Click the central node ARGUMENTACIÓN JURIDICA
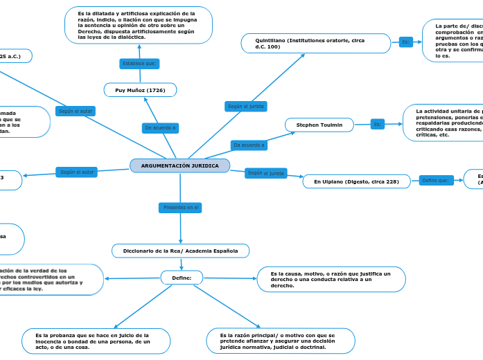pos(179,165)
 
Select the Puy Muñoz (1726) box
pos(140,90)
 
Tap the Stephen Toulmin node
pos(319,125)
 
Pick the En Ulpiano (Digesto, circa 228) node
pos(356,181)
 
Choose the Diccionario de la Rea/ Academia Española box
pos(180,251)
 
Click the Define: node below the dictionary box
pos(182,278)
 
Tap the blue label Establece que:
pos(140,64)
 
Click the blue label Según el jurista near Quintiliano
pos(246,106)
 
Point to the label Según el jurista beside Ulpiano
pos(266,173)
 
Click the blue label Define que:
pos(435,181)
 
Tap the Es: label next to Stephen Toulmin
pos(378,125)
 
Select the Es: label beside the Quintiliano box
pos(406,42)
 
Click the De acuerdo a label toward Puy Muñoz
pos(160,127)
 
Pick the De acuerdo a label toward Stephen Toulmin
pos(249,145)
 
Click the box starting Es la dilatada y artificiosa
pos(139,25)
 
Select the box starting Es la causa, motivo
pos(331,279)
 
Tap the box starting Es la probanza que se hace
pos(96,341)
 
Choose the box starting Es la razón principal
pos(281,341)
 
